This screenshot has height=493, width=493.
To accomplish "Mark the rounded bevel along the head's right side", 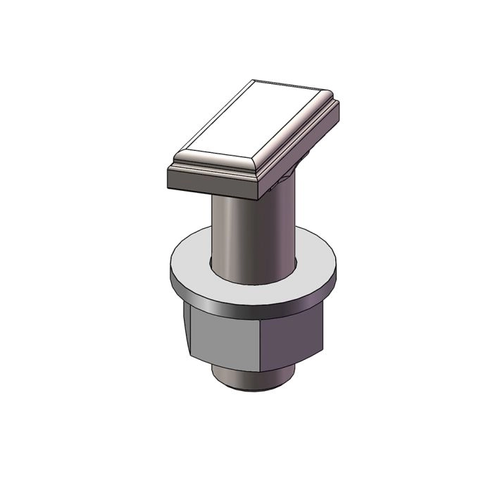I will click(x=296, y=130).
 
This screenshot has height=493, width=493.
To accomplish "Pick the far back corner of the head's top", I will click(x=256, y=80).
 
